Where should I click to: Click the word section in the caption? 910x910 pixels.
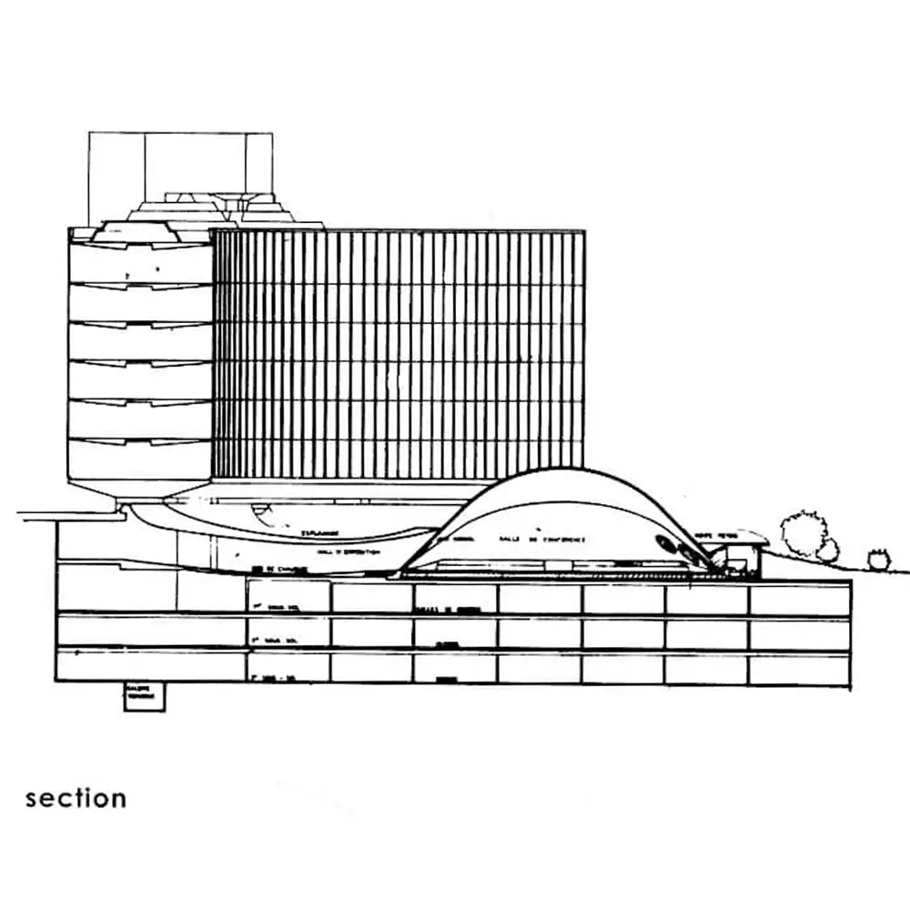(76, 798)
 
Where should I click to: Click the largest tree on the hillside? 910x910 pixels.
(802, 532)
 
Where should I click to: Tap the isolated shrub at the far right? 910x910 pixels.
(878, 559)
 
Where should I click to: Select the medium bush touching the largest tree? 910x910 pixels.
(828, 551)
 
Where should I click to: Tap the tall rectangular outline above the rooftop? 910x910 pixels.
(180, 164)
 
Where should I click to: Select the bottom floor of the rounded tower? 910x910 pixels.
(140, 461)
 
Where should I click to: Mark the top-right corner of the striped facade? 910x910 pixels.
(583, 232)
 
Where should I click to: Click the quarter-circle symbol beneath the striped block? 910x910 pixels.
(261, 514)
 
